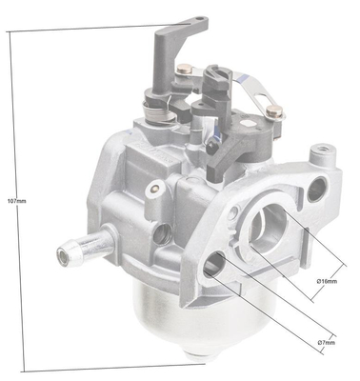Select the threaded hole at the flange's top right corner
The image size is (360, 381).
[321, 155]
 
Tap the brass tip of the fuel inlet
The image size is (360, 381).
[65, 254]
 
